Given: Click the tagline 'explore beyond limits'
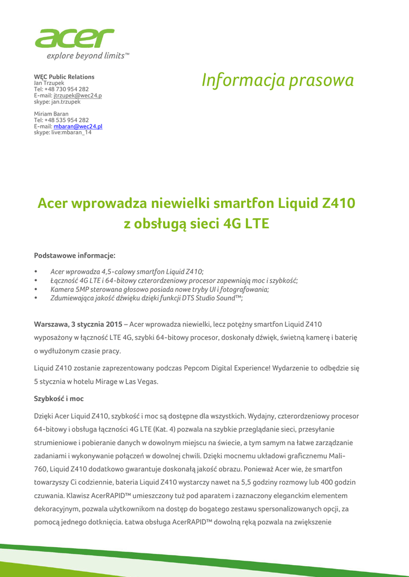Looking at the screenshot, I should pos(87,56).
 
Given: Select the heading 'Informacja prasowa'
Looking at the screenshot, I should pos(278,81).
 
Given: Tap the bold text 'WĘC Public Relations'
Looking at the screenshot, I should pos(64,77).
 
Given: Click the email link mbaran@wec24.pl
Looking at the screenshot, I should pos(78,126).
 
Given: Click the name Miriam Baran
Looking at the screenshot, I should pos(51,114).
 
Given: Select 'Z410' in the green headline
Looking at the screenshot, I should pos(338,203).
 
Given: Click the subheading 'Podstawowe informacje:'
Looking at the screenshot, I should pos(74,256).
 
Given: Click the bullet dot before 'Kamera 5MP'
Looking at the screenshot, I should pos(36,290).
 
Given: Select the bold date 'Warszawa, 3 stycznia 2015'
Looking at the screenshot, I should pos(78,325).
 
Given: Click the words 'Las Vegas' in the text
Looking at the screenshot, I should pos(142,381).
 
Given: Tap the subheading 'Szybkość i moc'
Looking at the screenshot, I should pos(59,398).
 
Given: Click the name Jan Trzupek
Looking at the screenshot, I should pos(49,83).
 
